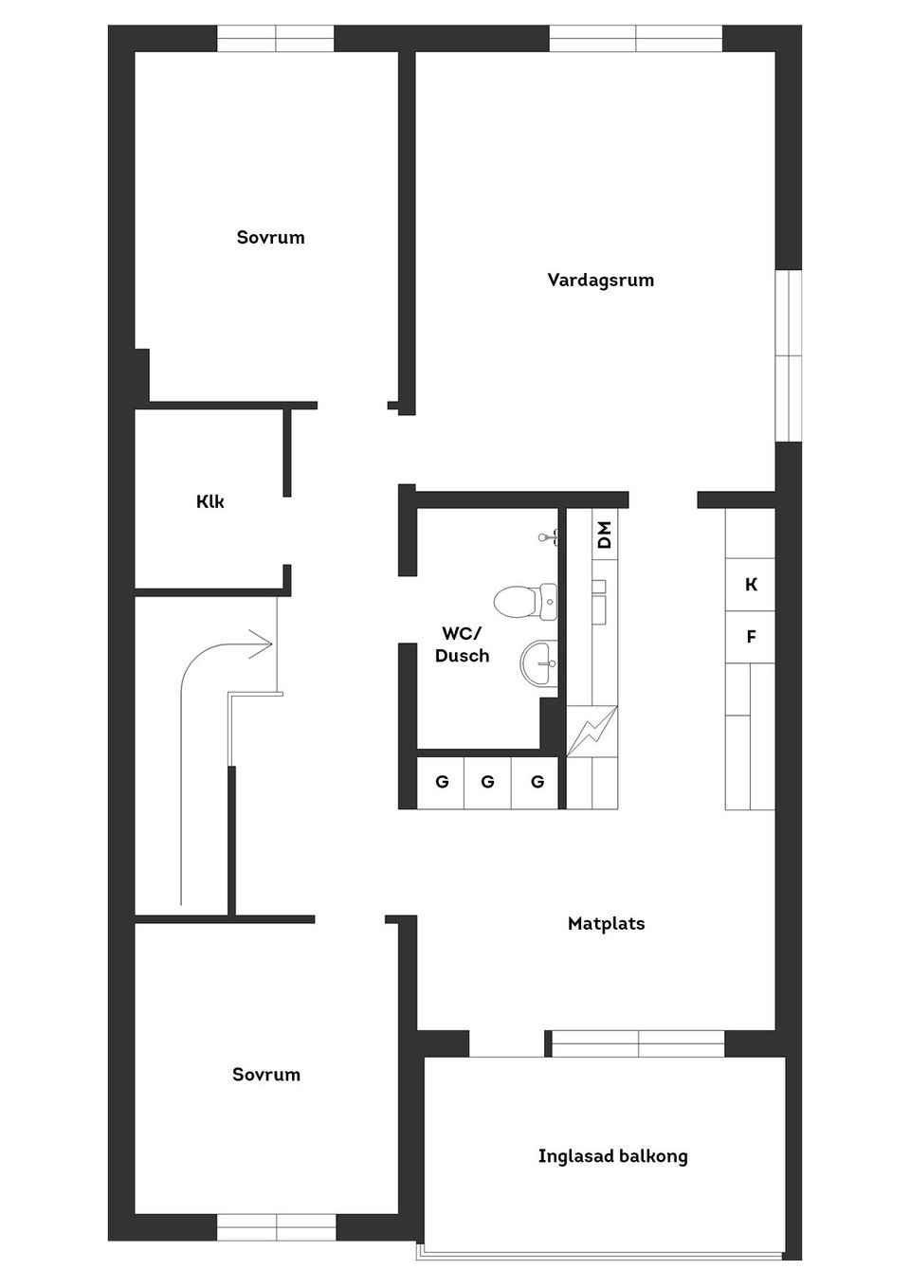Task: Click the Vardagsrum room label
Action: pos(600,281)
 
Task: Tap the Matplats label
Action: pos(606,924)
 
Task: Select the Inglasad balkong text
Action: pos(612,1155)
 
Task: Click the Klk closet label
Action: pos(209,501)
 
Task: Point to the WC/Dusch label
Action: pos(462,644)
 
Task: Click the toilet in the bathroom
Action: pos(525,602)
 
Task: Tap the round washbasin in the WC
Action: pos(538,663)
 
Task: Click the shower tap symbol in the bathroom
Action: pos(548,537)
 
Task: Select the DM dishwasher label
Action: pos(605,535)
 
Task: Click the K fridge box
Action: pos(751,585)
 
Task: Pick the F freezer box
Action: pos(751,637)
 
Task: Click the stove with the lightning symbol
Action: pos(591,732)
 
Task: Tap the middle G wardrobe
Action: pos(487,783)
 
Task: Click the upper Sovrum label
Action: pos(270,237)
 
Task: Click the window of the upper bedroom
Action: pos(275,39)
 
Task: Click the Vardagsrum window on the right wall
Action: pos(789,355)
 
